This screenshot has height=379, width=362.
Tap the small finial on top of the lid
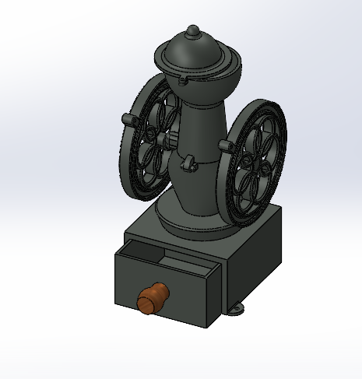pos(192,32)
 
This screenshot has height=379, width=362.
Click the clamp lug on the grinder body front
pos(188,163)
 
